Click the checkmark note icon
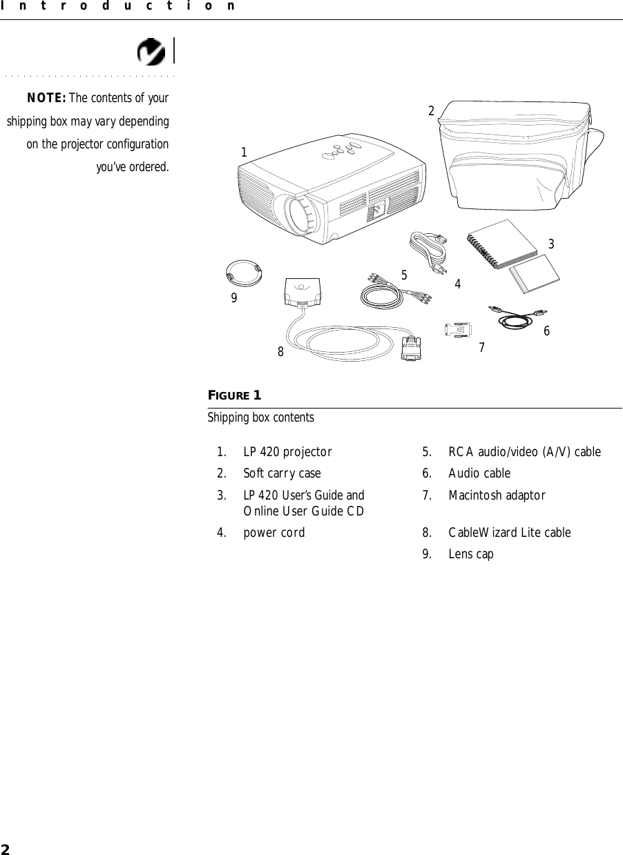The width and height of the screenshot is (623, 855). pyautogui.click(x=151, y=52)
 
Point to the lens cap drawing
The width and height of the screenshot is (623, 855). pyautogui.click(x=244, y=273)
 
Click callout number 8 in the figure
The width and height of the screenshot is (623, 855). pyautogui.click(x=280, y=351)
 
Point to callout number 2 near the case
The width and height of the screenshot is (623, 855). pyautogui.click(x=431, y=111)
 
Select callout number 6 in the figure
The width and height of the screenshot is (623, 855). pyautogui.click(x=546, y=331)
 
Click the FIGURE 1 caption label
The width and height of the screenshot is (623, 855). pyautogui.click(x=235, y=395)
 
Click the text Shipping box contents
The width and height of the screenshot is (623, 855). pyautogui.click(x=261, y=418)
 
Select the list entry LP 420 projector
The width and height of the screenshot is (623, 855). pyautogui.click(x=287, y=453)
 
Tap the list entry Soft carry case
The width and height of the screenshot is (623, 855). pyautogui.click(x=282, y=474)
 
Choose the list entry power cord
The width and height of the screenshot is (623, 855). pyautogui.click(x=274, y=533)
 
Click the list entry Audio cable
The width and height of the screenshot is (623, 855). pyautogui.click(x=479, y=473)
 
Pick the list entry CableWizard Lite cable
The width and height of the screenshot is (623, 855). pyautogui.click(x=509, y=533)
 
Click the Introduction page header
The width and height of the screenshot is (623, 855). pyautogui.click(x=117, y=6)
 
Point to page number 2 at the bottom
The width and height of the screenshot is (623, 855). pyautogui.click(x=5, y=848)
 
